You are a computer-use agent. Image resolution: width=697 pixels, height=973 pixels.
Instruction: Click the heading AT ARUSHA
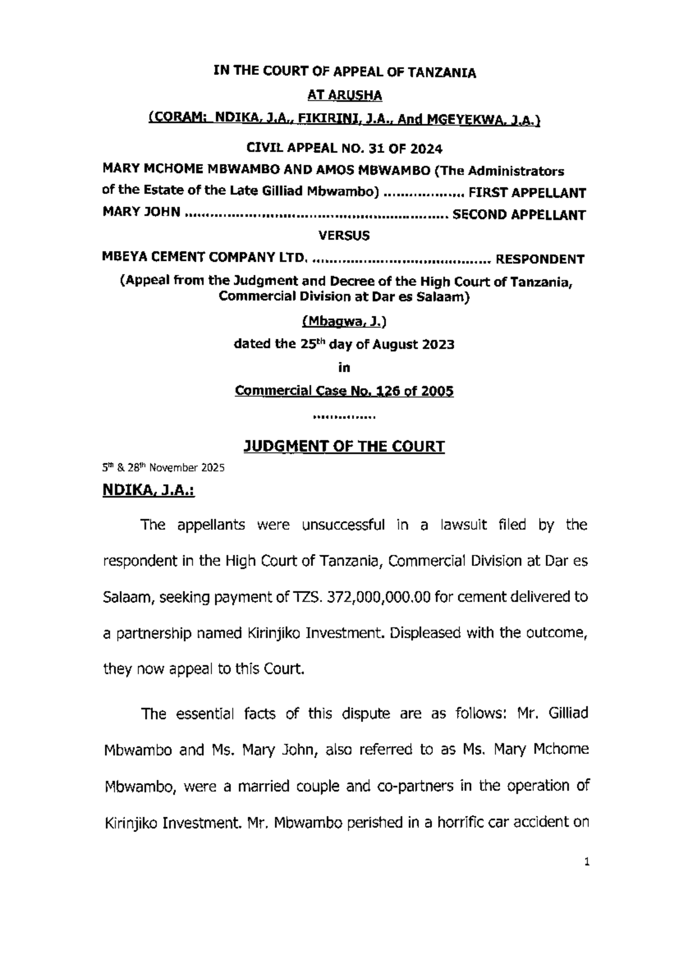tap(344, 95)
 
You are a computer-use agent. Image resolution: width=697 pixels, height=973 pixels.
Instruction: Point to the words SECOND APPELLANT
tap(519, 215)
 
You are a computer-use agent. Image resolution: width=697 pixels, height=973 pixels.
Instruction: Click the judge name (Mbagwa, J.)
tap(344, 321)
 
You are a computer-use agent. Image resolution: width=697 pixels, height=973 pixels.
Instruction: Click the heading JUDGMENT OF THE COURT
tap(344, 446)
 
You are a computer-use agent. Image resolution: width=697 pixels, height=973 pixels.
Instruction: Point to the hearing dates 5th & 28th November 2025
tap(163, 468)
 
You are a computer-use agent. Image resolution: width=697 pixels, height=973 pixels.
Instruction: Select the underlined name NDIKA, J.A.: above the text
tap(149, 491)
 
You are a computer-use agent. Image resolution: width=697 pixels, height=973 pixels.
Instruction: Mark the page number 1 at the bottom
tap(587, 862)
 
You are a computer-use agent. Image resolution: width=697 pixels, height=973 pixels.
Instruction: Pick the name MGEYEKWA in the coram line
tap(466, 120)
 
